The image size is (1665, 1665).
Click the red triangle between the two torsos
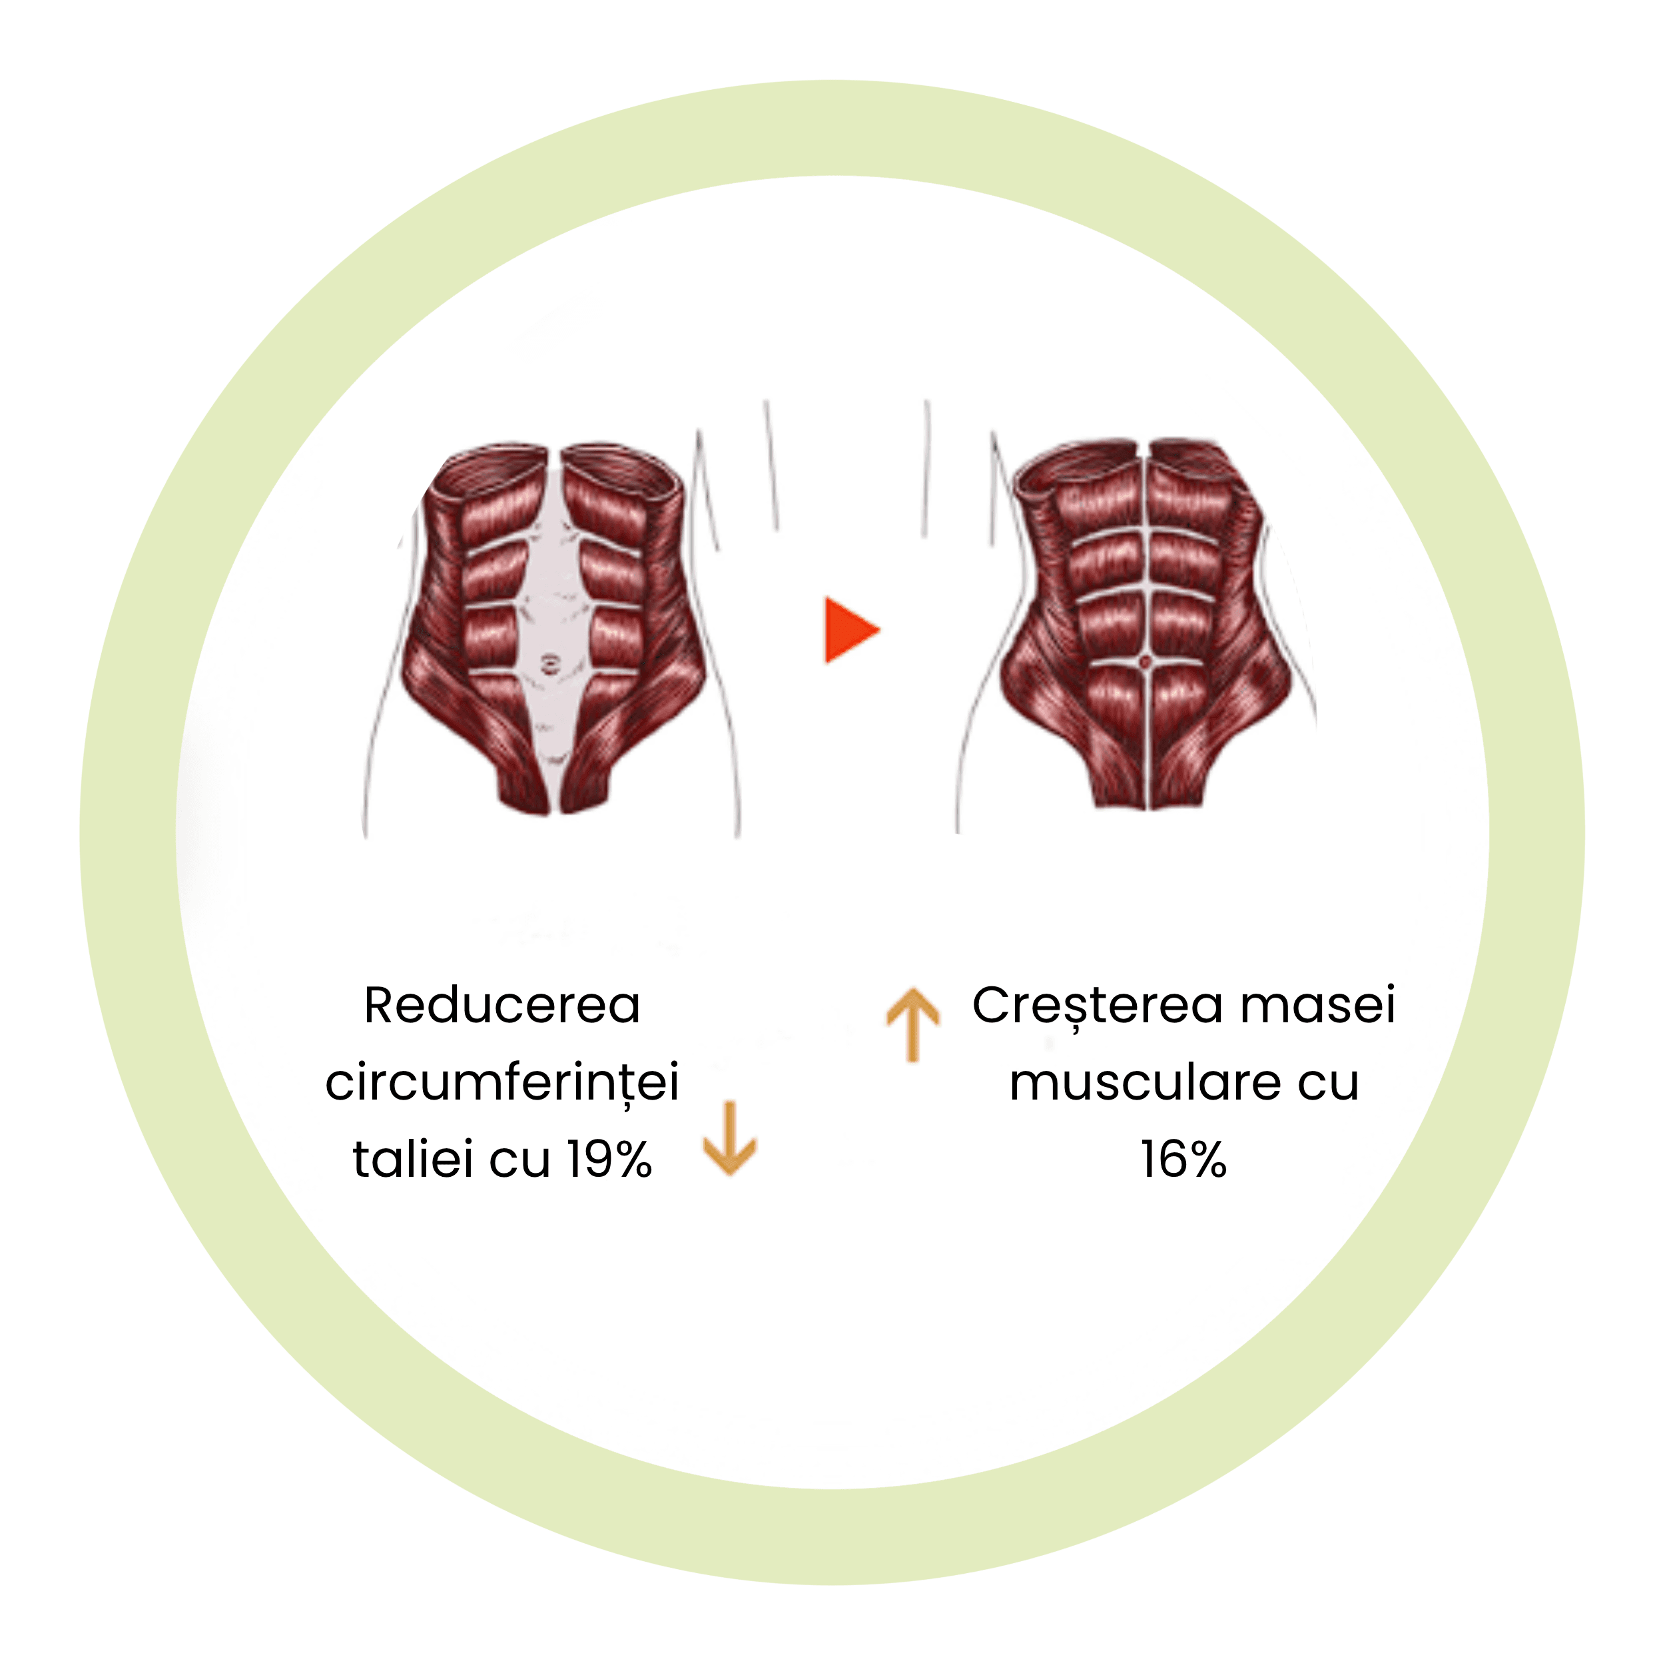[850, 630]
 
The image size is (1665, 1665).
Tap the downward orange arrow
[729, 1138]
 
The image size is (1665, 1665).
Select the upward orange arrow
[912, 1024]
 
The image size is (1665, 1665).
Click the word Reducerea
[502, 1005]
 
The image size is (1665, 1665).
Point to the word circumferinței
[502, 1082]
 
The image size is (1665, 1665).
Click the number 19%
[609, 1159]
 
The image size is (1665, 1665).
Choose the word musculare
[1144, 1082]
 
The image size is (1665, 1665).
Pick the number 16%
[1183, 1159]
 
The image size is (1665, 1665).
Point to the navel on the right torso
[1146, 662]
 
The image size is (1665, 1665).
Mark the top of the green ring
[832, 128]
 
